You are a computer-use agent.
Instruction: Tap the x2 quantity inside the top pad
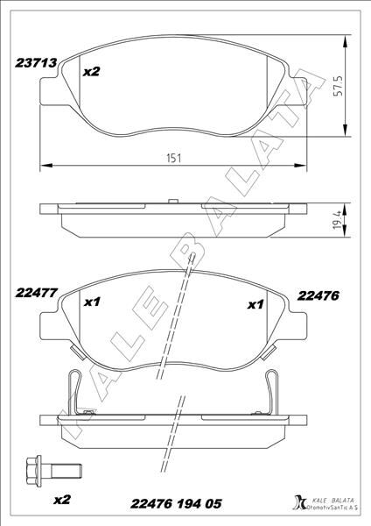(91, 74)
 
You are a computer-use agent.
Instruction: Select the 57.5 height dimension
(337, 89)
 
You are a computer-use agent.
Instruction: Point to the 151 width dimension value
(176, 156)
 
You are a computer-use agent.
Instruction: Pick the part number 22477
(35, 295)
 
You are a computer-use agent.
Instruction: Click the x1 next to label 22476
(255, 305)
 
